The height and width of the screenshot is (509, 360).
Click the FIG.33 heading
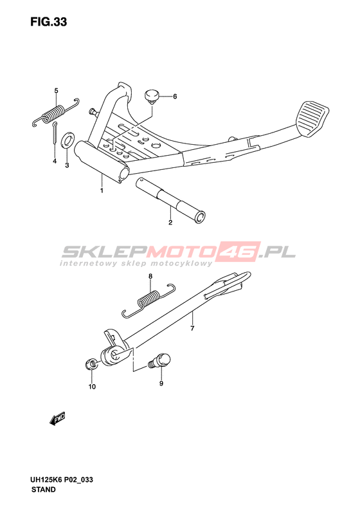(49, 22)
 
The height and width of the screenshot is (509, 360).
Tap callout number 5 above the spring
(56, 91)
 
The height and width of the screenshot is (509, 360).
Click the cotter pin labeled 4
(55, 133)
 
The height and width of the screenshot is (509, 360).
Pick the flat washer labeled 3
(67, 140)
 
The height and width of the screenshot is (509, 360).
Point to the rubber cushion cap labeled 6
(151, 97)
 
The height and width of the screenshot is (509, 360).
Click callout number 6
(175, 97)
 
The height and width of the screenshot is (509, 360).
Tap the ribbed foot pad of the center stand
(312, 118)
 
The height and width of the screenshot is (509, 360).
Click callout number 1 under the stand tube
(102, 190)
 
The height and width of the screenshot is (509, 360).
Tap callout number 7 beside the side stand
(192, 329)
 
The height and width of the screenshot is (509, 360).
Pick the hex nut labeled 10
(91, 364)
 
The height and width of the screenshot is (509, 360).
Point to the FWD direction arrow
(57, 419)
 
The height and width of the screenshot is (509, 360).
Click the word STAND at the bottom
(44, 490)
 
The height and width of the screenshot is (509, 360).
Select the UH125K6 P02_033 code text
(62, 480)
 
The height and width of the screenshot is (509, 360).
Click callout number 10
(92, 387)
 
